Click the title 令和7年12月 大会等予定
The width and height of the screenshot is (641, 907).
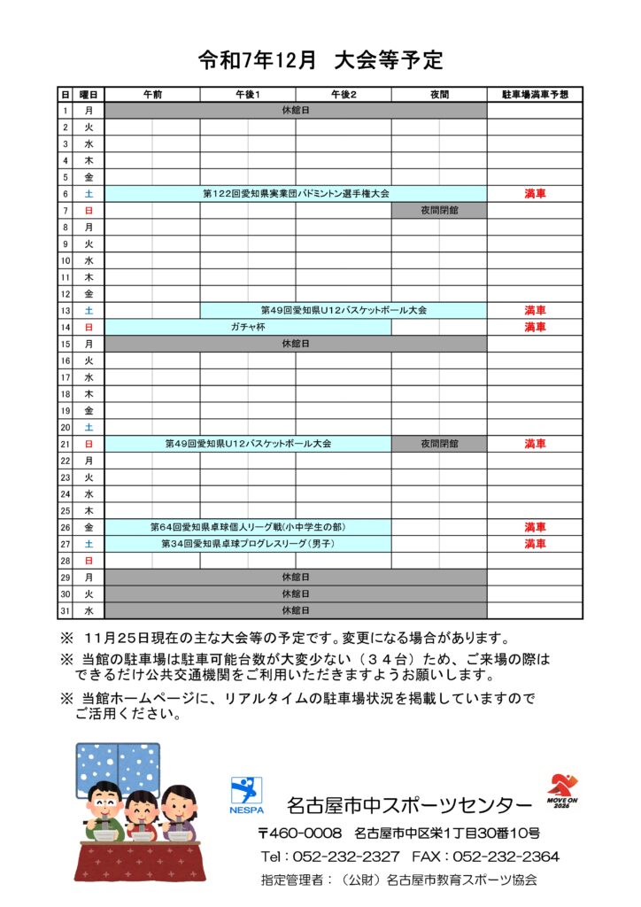(320, 60)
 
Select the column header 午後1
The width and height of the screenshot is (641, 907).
(248, 94)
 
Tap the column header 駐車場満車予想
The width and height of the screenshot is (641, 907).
(535, 94)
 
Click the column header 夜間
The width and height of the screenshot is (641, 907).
(439, 94)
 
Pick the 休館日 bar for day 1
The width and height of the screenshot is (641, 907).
(296, 111)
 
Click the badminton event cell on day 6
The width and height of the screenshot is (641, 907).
(296, 193)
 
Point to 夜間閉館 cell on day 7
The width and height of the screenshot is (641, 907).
(439, 210)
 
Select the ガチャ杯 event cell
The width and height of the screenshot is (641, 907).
(248, 327)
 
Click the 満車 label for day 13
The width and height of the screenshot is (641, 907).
(535, 310)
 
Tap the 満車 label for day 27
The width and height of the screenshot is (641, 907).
(535, 544)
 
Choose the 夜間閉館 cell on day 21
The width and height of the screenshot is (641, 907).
(439, 444)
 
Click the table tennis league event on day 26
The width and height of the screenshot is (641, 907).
(248, 527)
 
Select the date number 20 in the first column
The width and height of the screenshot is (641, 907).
(66, 427)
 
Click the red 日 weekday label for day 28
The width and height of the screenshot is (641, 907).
(89, 561)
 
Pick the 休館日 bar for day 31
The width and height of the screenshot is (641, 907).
(296, 610)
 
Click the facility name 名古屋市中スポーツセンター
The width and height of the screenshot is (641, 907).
(410, 805)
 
